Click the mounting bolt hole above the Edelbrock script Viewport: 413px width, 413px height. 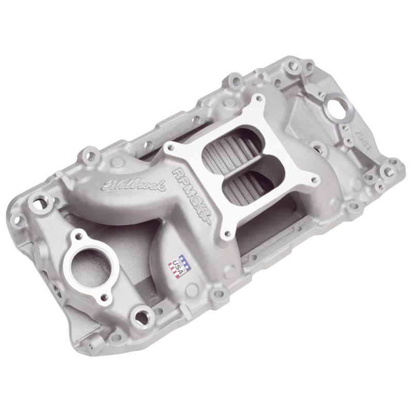pos(93,154)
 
